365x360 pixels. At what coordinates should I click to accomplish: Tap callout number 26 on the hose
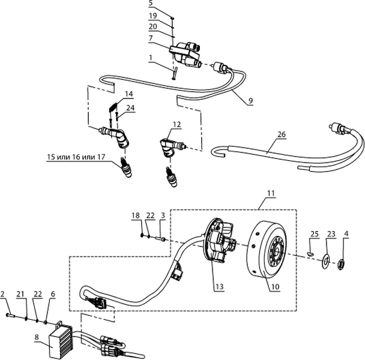click(281, 134)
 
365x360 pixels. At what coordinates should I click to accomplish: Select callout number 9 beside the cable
click(250, 101)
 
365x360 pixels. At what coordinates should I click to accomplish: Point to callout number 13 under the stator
click(220, 287)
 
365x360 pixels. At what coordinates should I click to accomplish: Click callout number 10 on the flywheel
click(274, 287)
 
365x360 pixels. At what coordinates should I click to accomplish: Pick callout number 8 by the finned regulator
click(37, 338)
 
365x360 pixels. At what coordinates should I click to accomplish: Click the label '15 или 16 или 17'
click(76, 157)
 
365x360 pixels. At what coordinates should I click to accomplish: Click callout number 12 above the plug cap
click(176, 125)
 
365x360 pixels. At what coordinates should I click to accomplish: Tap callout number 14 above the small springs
click(128, 94)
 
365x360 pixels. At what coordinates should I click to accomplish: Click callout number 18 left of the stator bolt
click(136, 215)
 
